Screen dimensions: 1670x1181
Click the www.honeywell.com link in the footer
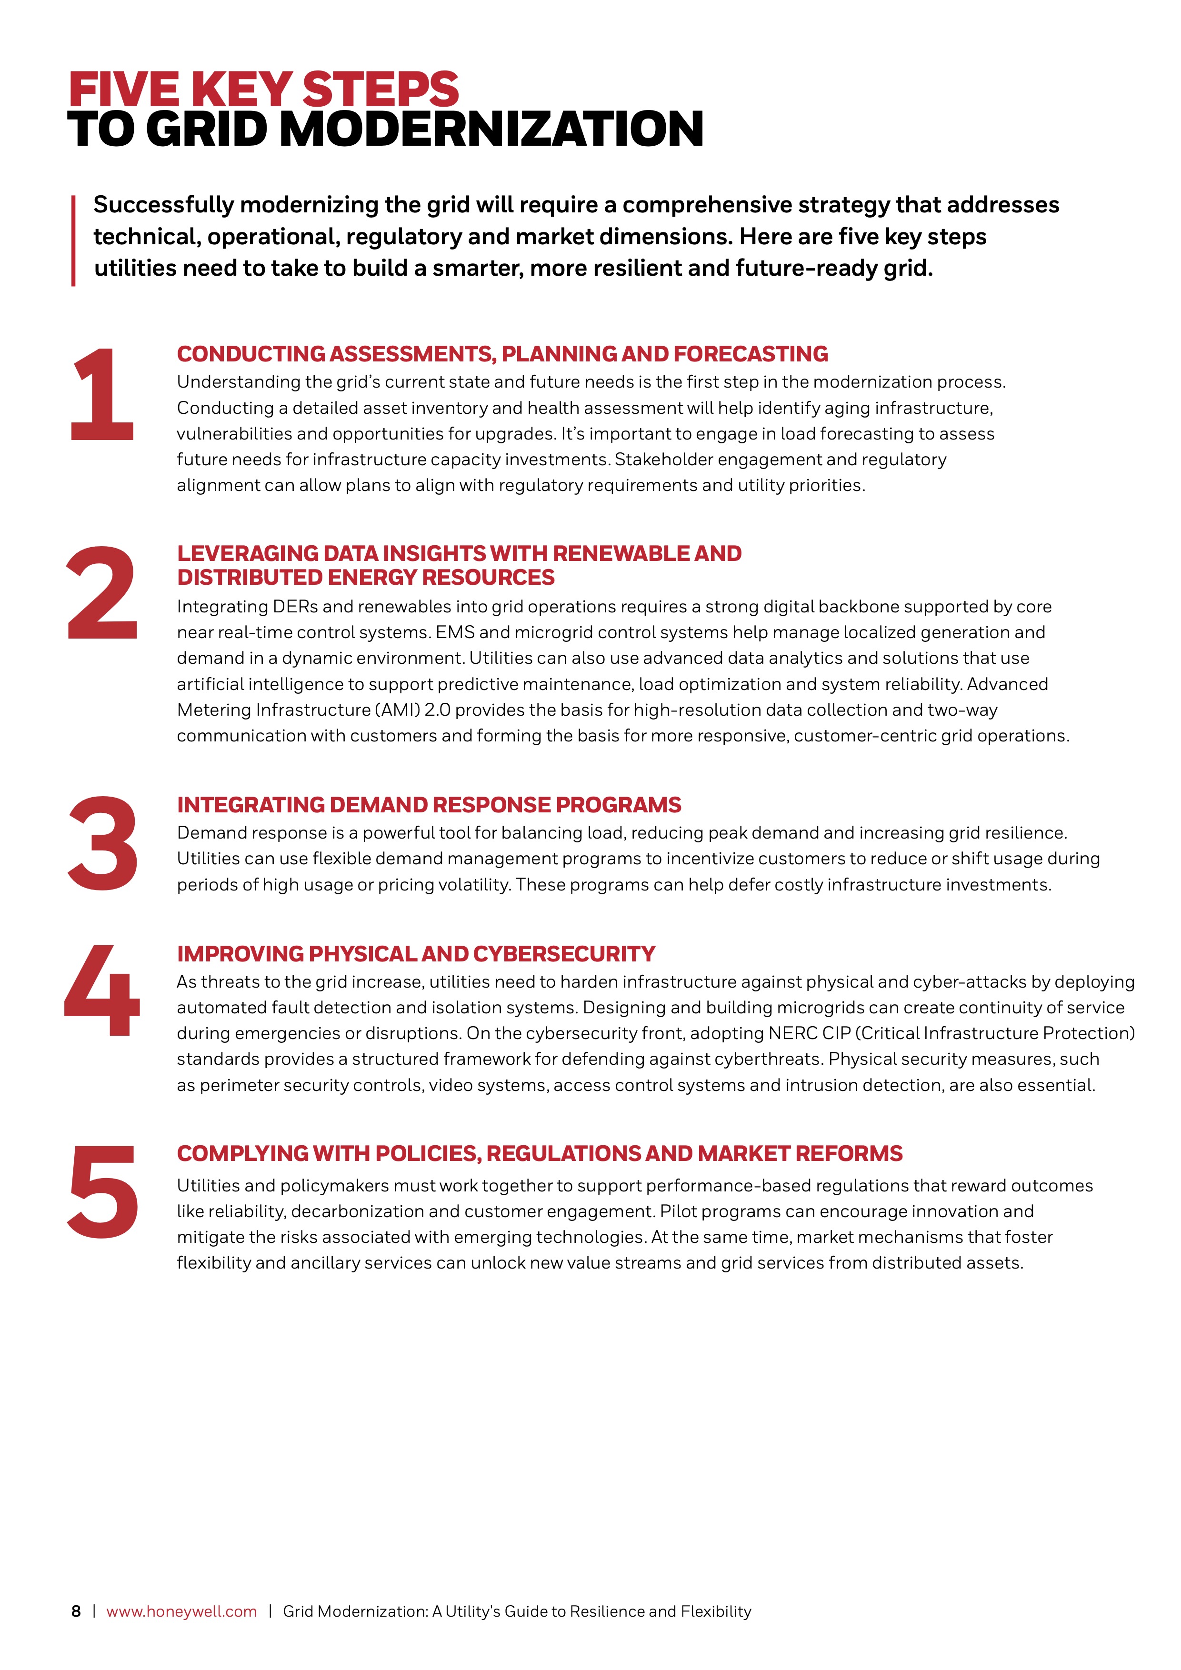point(182,1611)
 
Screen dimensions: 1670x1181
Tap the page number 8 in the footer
point(76,1611)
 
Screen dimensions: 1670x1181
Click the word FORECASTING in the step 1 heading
point(751,354)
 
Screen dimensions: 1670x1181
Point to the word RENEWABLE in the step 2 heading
point(621,553)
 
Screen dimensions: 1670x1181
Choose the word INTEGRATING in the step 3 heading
point(250,805)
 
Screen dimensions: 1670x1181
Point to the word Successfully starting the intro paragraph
point(163,205)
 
